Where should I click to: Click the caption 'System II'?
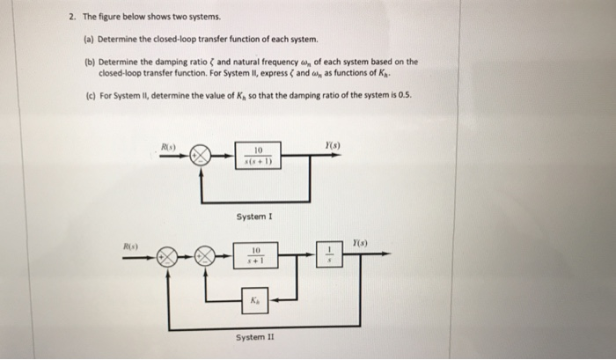click(253, 336)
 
